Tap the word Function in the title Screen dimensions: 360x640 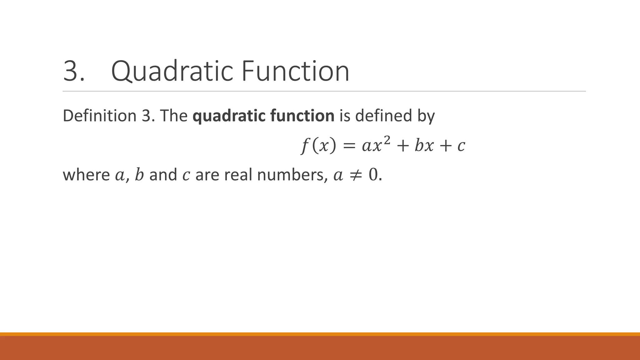tap(295, 71)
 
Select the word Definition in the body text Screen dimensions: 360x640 tap(100, 116)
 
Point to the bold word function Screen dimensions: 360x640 tap(302, 116)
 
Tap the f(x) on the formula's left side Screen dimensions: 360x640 tap(318, 146)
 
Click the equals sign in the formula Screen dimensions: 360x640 tap(349, 146)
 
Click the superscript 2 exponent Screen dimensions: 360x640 tap(387, 141)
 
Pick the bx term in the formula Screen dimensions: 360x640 tap(424, 146)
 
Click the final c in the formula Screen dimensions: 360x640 tap(461, 146)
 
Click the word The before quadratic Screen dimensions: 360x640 tap(174, 116)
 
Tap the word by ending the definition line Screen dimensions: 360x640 tap(426, 116)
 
